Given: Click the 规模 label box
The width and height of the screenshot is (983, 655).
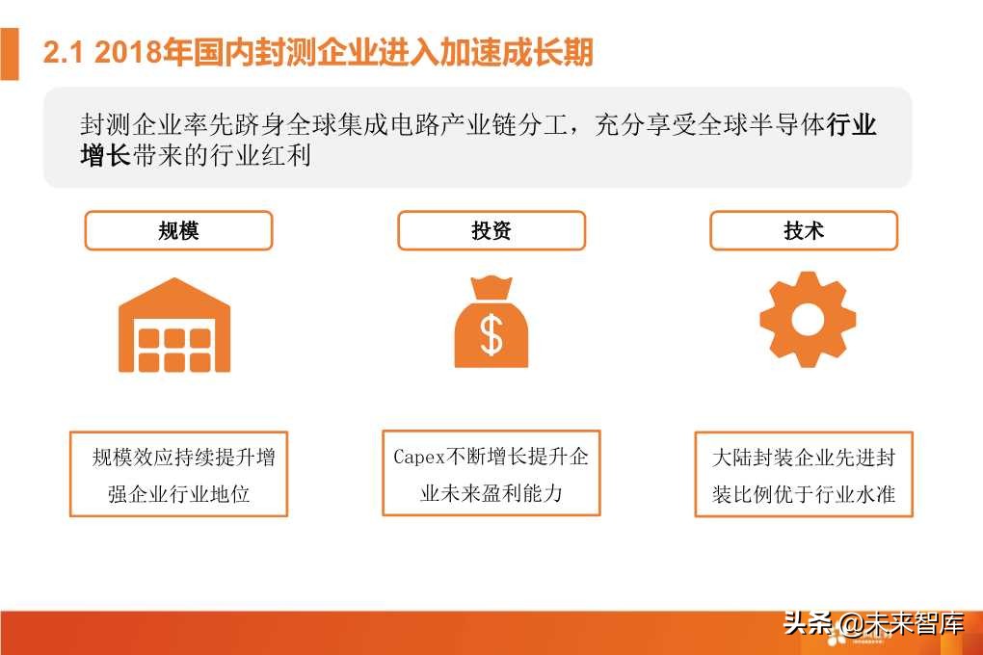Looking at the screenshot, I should point(179,231).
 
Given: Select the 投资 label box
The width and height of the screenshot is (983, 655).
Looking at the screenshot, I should point(491,231).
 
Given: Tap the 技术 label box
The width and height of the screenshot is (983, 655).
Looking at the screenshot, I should point(804,231).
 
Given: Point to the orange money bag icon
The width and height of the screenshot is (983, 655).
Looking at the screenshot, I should point(491,322).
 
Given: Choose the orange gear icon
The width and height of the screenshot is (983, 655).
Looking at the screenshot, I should point(808,319).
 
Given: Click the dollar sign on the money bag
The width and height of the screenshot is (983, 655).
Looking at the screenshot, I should point(491,333).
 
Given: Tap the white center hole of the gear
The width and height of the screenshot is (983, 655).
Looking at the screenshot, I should point(808,319).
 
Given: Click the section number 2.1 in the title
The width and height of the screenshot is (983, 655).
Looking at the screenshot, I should point(66,53).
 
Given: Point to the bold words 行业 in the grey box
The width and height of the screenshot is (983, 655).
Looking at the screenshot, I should point(852,126).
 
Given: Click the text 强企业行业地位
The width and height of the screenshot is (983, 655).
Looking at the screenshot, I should point(179,494).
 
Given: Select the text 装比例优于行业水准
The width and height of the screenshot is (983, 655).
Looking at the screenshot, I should point(804,495).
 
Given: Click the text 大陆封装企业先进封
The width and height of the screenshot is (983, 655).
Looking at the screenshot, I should point(804,458).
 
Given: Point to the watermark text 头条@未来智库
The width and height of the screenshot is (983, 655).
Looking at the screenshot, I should point(873,625).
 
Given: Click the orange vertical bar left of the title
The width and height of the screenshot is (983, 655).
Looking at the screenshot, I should point(10,54).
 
